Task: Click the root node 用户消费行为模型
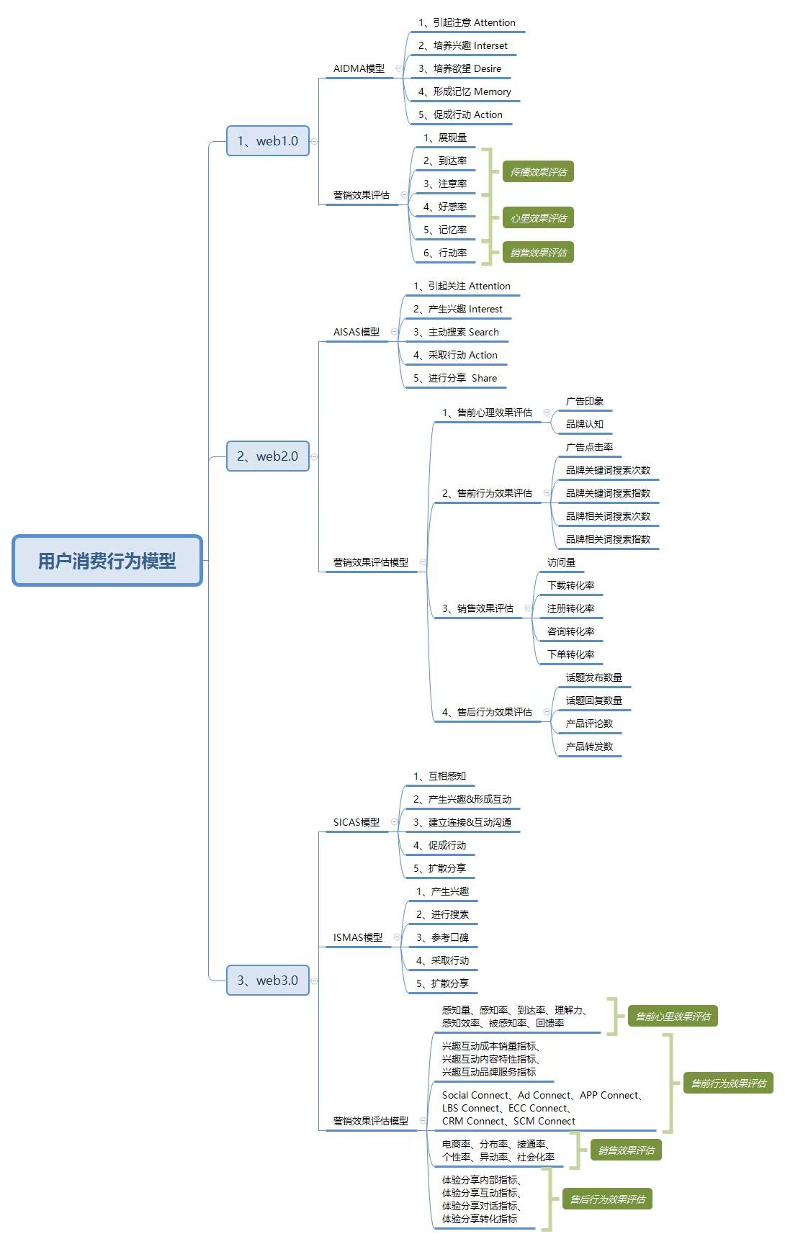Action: click(x=107, y=561)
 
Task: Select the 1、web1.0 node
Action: click(x=268, y=141)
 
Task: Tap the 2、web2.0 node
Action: click(x=268, y=456)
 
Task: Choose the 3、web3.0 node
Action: click(x=268, y=981)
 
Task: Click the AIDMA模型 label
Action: click(x=359, y=68)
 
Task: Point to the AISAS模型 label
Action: click(x=356, y=332)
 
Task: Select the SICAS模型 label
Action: click(x=356, y=822)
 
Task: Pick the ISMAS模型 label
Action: click(x=358, y=937)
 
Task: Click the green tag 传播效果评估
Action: click(x=538, y=172)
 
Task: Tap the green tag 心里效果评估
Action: click(x=538, y=218)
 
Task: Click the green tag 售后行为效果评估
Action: click(x=607, y=1199)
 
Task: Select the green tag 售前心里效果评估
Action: click(x=673, y=1017)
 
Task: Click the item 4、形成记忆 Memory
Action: click(x=465, y=91)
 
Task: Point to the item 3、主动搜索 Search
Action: click(x=456, y=332)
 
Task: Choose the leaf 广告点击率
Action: click(x=589, y=447)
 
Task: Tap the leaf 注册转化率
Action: click(x=570, y=608)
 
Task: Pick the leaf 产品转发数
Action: click(x=589, y=747)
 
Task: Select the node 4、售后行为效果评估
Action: click(x=487, y=712)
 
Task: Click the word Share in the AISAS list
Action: click(x=484, y=378)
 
